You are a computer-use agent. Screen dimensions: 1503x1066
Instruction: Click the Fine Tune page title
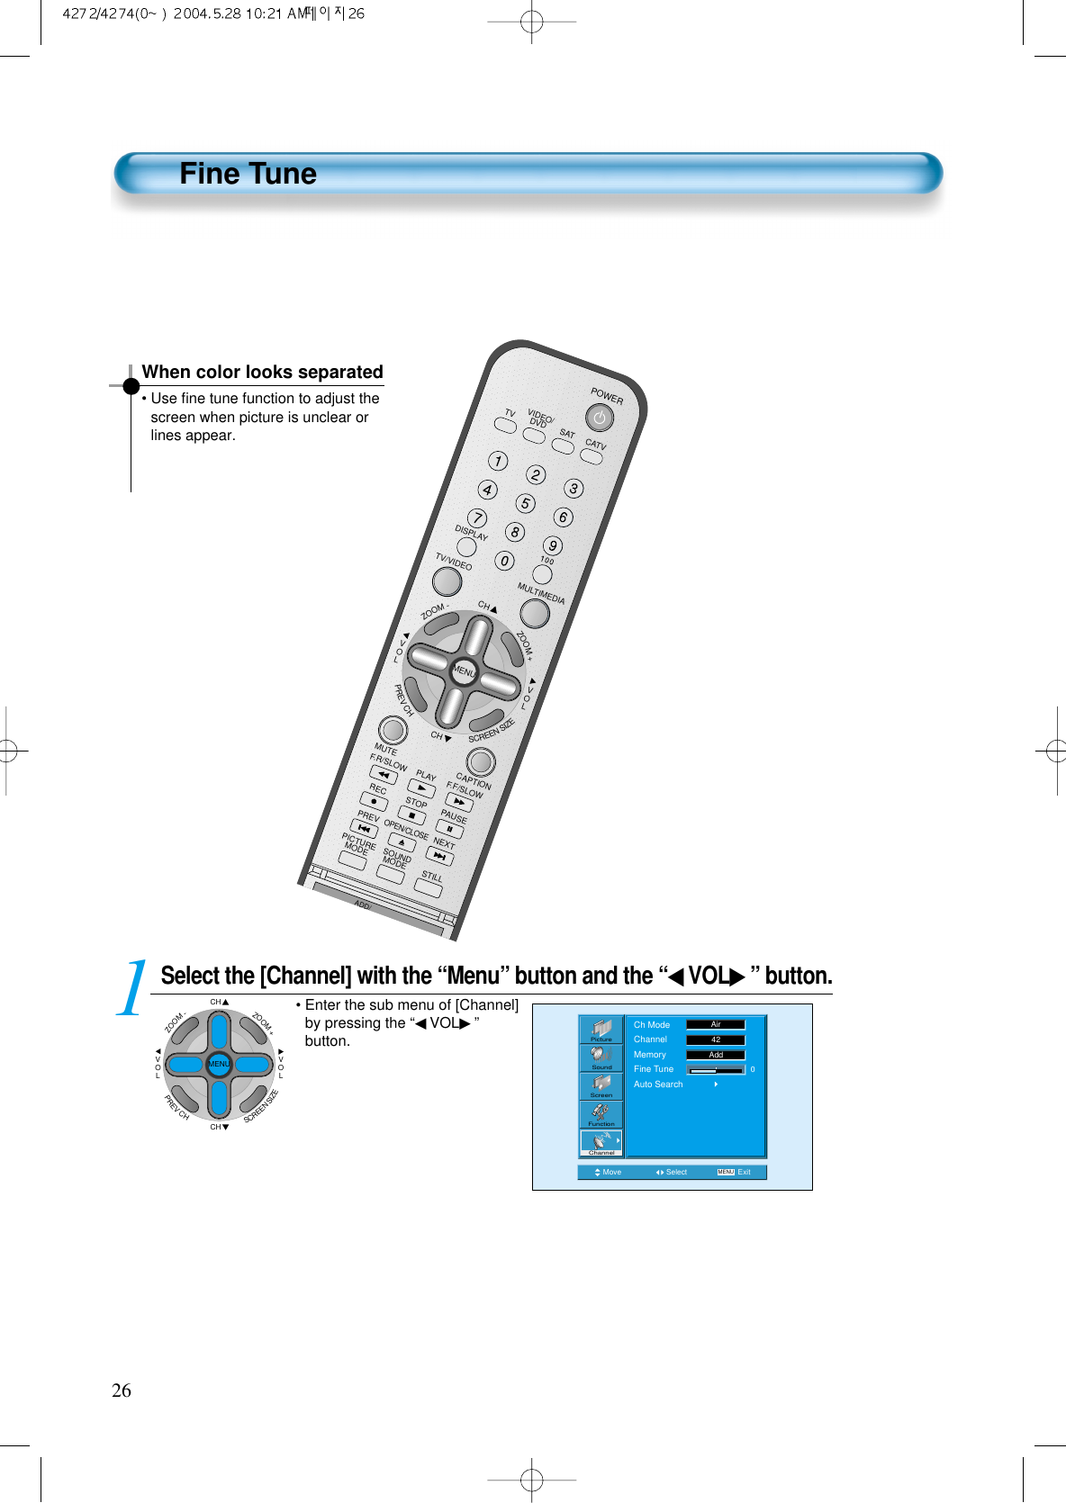248,174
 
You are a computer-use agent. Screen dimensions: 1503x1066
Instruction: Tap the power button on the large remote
600,418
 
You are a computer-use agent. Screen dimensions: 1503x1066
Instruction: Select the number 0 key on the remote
505,561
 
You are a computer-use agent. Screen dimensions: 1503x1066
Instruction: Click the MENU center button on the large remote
464,671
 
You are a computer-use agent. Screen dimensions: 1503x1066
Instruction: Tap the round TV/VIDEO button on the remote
447,581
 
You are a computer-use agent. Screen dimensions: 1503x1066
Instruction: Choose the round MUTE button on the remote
393,729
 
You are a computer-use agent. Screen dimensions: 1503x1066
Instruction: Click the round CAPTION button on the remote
481,761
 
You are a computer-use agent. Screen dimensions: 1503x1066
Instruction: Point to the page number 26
122,1390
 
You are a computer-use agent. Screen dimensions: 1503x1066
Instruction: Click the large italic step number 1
133,987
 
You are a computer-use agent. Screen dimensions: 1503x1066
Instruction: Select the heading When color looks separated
262,372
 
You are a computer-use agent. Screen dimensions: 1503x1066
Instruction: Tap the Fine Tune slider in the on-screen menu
716,1070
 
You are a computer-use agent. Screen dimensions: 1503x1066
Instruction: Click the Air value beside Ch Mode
716,1024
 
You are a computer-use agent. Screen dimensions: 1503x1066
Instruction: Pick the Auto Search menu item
658,1084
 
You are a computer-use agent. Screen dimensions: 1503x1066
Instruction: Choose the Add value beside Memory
716,1055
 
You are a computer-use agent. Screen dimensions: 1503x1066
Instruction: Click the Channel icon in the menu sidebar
601,1143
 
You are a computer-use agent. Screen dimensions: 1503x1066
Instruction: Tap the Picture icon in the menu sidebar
601,1030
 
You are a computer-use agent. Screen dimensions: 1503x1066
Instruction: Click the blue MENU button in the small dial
219,1064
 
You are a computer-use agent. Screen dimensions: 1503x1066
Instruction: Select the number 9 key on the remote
553,545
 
